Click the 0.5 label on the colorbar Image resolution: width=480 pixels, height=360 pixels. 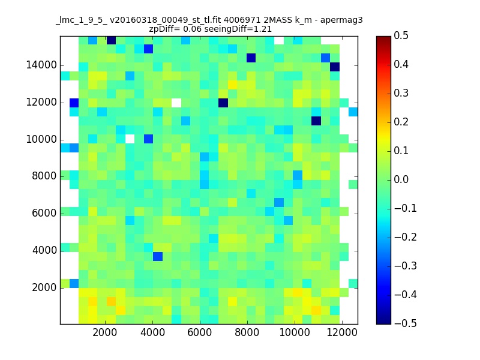point(401,35)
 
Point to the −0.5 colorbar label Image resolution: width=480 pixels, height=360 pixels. point(406,323)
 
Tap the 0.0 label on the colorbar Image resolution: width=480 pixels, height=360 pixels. point(401,179)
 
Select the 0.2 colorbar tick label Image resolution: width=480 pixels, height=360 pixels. point(401,122)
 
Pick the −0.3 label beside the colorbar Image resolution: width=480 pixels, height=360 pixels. point(406,266)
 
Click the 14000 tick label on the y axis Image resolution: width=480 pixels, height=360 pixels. point(41,65)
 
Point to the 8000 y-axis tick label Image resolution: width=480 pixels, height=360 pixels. point(44,176)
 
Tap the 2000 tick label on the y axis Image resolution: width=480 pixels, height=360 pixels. point(44,287)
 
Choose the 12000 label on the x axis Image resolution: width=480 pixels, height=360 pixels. point(342,332)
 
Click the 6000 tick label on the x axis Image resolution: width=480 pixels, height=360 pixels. point(200,332)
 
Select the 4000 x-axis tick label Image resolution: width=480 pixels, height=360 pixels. point(152,332)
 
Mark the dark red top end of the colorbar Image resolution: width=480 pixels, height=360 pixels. point(383,38)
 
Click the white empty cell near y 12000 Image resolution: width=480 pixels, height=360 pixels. point(176,103)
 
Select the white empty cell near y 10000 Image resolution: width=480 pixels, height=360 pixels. point(130,139)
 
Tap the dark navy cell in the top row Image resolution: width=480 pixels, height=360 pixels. point(111,40)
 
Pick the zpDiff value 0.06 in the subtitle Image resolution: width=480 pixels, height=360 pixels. point(193,29)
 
